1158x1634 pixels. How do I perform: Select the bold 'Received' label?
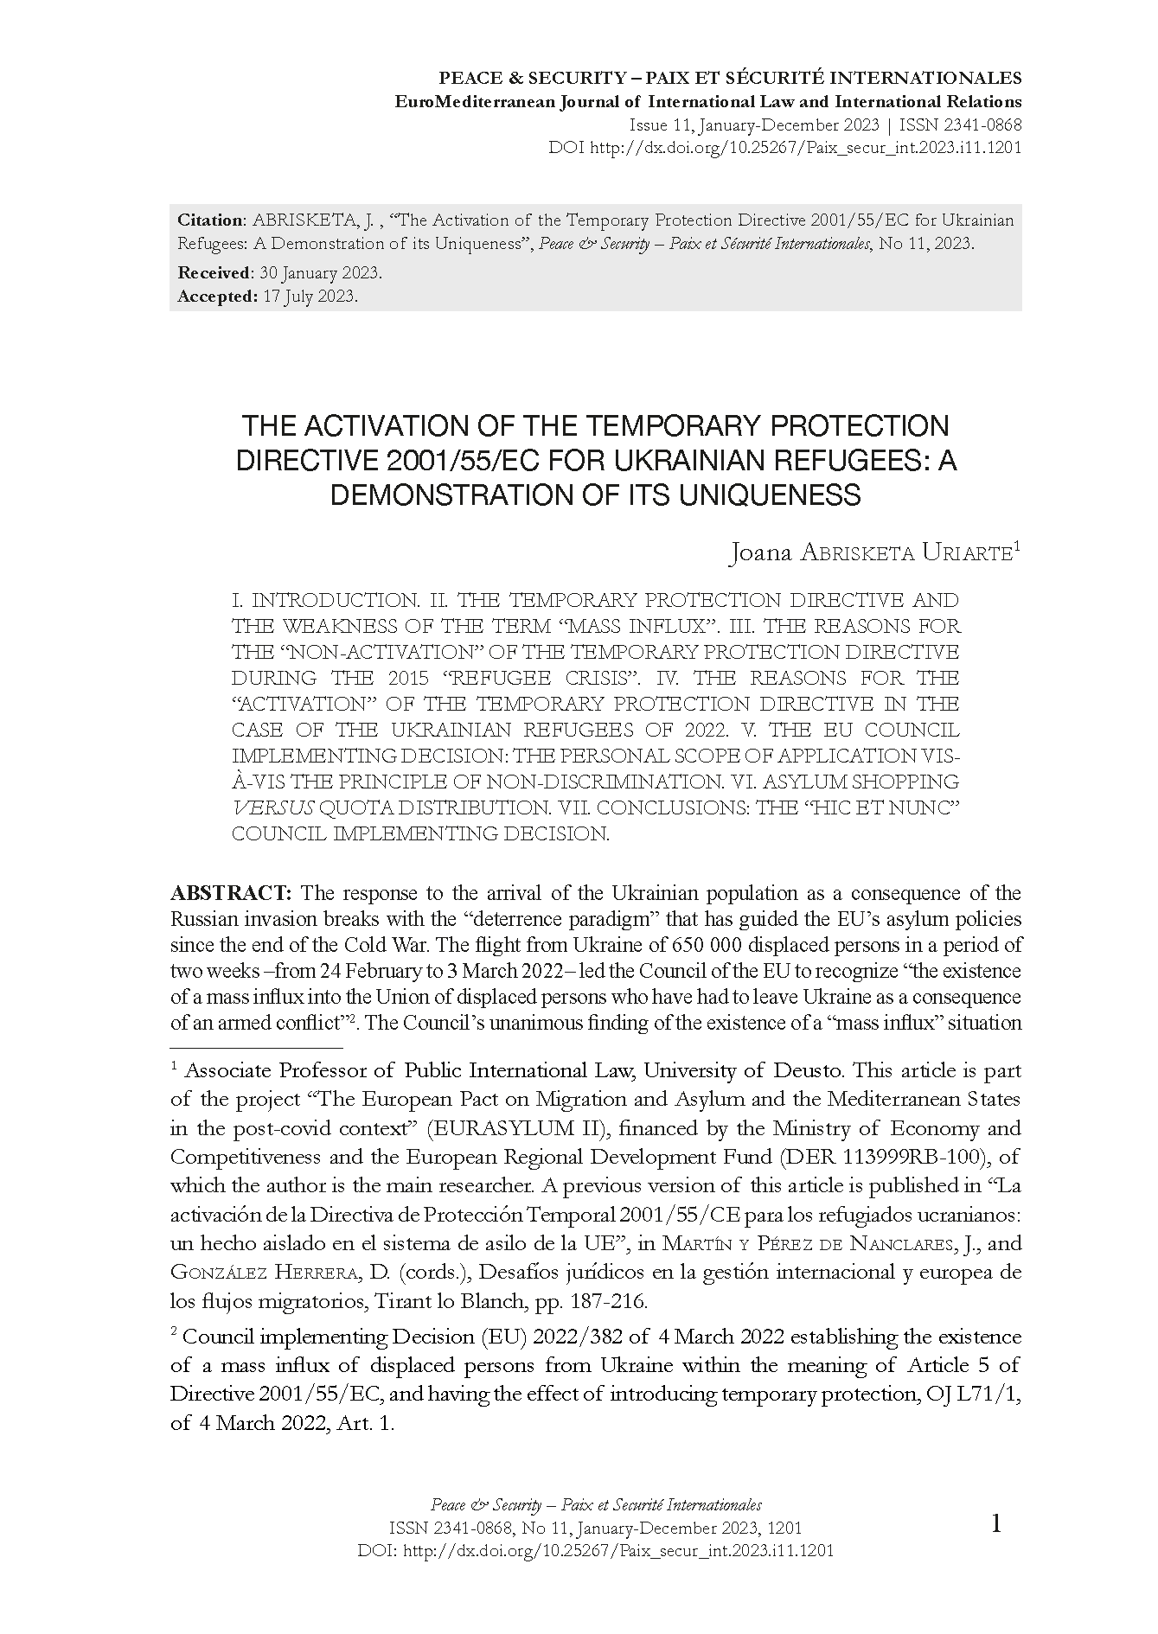(x=213, y=272)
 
